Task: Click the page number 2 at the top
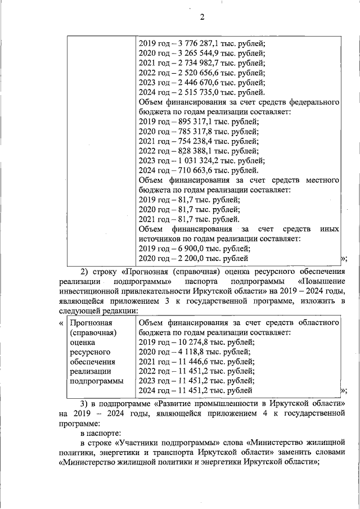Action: pyautogui.click(x=202, y=17)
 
